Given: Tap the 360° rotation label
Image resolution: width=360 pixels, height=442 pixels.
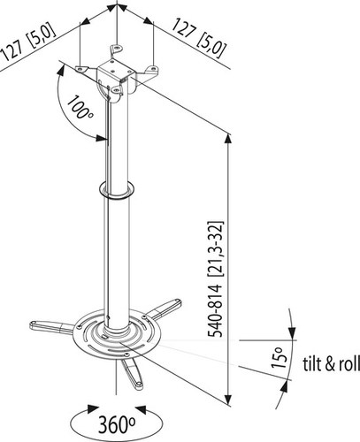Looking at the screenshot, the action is click(x=117, y=424).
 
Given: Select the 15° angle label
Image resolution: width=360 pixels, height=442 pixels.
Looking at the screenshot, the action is click(x=280, y=357).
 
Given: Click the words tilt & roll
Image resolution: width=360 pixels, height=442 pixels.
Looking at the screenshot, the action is click(x=332, y=363).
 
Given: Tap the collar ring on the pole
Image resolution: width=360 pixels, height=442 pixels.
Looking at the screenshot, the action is click(x=116, y=191).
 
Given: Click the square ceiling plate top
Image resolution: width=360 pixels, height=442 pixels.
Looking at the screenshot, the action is click(x=117, y=69).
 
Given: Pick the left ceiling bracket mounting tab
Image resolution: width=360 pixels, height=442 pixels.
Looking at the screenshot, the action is click(x=81, y=69).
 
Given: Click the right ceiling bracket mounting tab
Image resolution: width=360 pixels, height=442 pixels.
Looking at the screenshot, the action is click(x=152, y=70).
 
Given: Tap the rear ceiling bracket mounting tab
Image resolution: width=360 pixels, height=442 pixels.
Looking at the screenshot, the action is click(x=117, y=49).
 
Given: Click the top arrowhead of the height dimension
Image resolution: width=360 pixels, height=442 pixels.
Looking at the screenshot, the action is click(x=228, y=139).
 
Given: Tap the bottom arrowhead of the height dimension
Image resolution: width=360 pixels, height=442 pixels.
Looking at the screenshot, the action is click(x=228, y=400).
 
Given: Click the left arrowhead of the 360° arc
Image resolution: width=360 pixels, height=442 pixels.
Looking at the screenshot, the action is click(x=93, y=410).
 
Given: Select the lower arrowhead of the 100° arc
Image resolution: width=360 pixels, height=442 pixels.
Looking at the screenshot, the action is click(x=101, y=138).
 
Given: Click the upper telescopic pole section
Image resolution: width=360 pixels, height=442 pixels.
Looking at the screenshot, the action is click(x=117, y=139).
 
